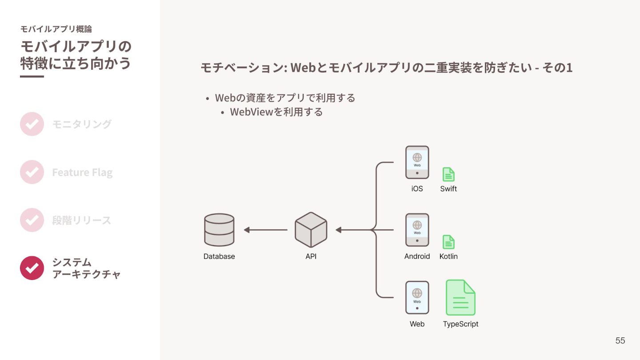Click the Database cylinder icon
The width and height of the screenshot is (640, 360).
click(x=219, y=230)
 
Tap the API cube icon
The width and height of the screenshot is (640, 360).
click(x=311, y=230)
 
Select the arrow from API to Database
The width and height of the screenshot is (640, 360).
click(x=265, y=230)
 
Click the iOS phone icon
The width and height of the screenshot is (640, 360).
click(x=417, y=162)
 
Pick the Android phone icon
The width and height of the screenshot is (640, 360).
click(x=417, y=230)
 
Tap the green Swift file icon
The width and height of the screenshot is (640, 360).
click(x=448, y=174)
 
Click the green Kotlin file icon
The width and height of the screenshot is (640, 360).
click(x=448, y=242)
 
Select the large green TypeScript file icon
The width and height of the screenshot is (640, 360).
click(x=460, y=297)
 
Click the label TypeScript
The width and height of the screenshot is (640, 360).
click(x=460, y=324)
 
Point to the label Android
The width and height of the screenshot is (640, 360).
click(x=417, y=256)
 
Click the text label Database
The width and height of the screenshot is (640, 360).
click(x=219, y=256)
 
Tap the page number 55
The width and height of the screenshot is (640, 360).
click(x=620, y=340)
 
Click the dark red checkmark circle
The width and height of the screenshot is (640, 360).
click(x=32, y=268)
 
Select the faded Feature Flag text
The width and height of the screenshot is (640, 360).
click(x=82, y=172)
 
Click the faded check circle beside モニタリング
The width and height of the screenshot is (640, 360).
click(x=32, y=124)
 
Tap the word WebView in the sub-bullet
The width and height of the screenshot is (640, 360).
click(x=252, y=112)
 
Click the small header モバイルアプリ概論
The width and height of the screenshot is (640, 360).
click(x=56, y=29)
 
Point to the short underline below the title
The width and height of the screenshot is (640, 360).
click(x=32, y=76)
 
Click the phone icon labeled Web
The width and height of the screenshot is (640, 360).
click(x=417, y=297)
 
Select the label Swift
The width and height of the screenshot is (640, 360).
click(x=448, y=188)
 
